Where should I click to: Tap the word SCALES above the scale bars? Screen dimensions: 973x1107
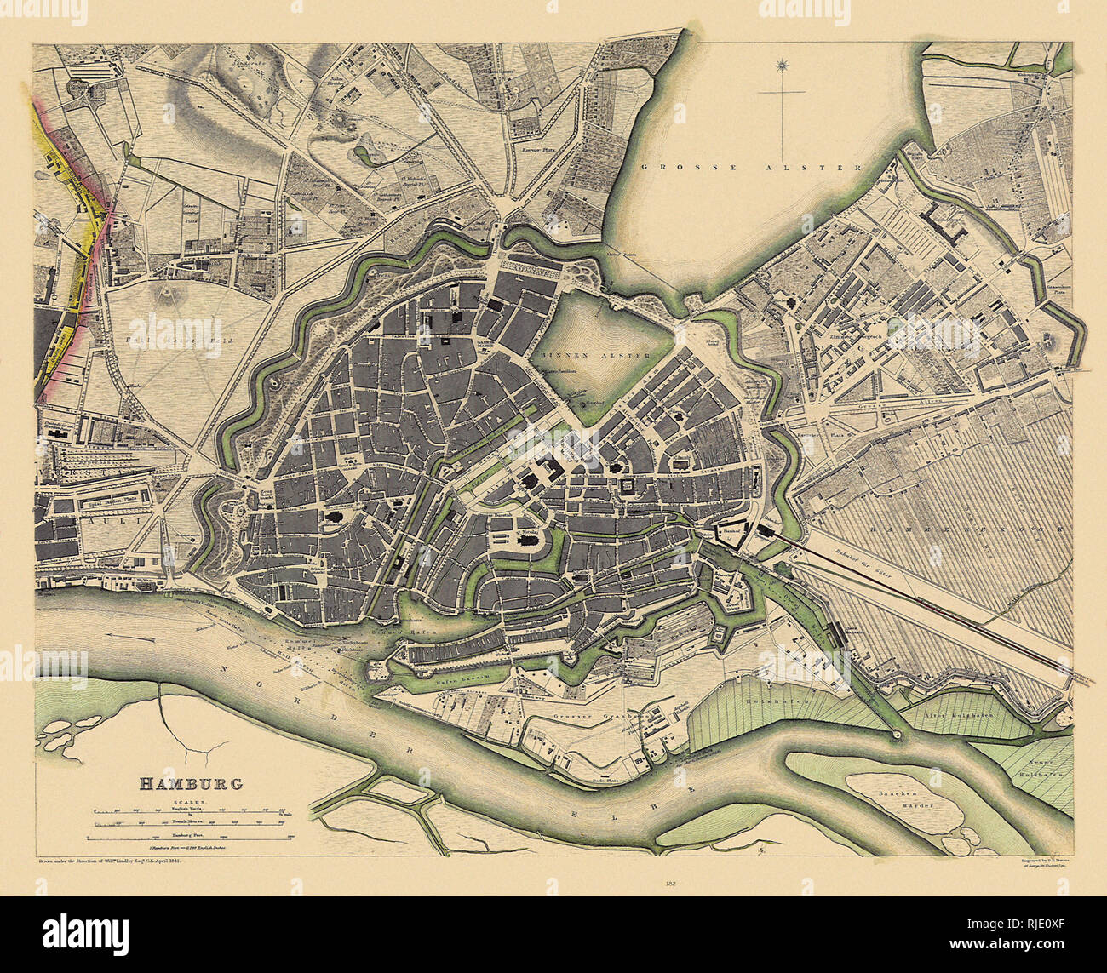tap(191, 802)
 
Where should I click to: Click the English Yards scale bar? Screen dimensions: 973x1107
tap(192, 813)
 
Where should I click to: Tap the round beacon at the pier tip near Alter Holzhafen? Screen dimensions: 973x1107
tap(896, 734)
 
